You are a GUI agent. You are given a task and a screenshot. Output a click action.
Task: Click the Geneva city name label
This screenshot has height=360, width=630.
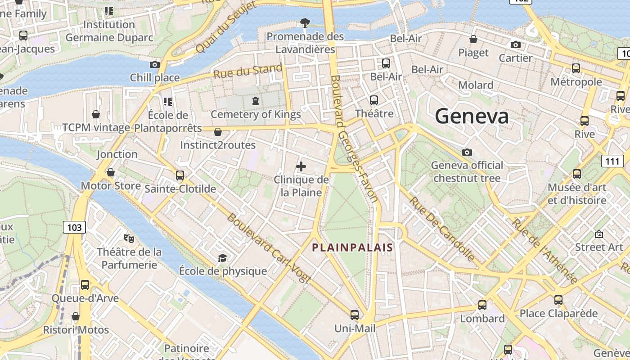472,116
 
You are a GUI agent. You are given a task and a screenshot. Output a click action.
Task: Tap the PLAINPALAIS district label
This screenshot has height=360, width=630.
353,247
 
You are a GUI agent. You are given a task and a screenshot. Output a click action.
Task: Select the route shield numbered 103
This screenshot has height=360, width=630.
74,227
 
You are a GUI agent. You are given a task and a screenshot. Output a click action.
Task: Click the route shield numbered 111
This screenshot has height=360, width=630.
612,161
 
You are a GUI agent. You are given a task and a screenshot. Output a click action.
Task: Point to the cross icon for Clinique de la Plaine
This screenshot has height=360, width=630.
301,167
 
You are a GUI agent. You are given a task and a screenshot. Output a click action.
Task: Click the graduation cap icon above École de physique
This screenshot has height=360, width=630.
222,258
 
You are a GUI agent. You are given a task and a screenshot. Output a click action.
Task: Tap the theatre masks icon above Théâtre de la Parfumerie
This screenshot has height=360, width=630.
129,238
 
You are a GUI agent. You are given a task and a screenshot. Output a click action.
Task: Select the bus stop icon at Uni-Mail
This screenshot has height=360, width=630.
355,315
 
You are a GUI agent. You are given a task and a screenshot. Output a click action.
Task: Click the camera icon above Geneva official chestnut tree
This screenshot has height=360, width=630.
467,152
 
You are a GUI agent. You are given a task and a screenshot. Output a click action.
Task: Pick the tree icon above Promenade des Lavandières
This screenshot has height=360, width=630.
305,22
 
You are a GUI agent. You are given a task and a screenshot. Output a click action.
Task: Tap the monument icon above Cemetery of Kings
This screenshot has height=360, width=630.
256,101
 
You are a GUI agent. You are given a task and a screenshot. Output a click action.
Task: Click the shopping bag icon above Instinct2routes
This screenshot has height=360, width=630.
218,132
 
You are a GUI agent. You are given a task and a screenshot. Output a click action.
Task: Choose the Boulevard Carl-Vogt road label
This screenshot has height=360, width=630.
269,248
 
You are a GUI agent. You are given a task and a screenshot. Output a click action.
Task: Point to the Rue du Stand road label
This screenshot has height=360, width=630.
248,71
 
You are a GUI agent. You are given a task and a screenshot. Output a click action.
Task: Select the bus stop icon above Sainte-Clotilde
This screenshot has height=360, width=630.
180,175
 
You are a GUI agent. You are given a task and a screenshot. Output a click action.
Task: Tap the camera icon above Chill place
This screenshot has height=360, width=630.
154,64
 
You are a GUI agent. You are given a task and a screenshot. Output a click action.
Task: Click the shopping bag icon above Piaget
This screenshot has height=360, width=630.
473,39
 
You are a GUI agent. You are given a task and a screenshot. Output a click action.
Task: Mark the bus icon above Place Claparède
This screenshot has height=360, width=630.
558,300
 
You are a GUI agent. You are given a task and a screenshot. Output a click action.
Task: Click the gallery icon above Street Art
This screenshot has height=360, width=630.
599,234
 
